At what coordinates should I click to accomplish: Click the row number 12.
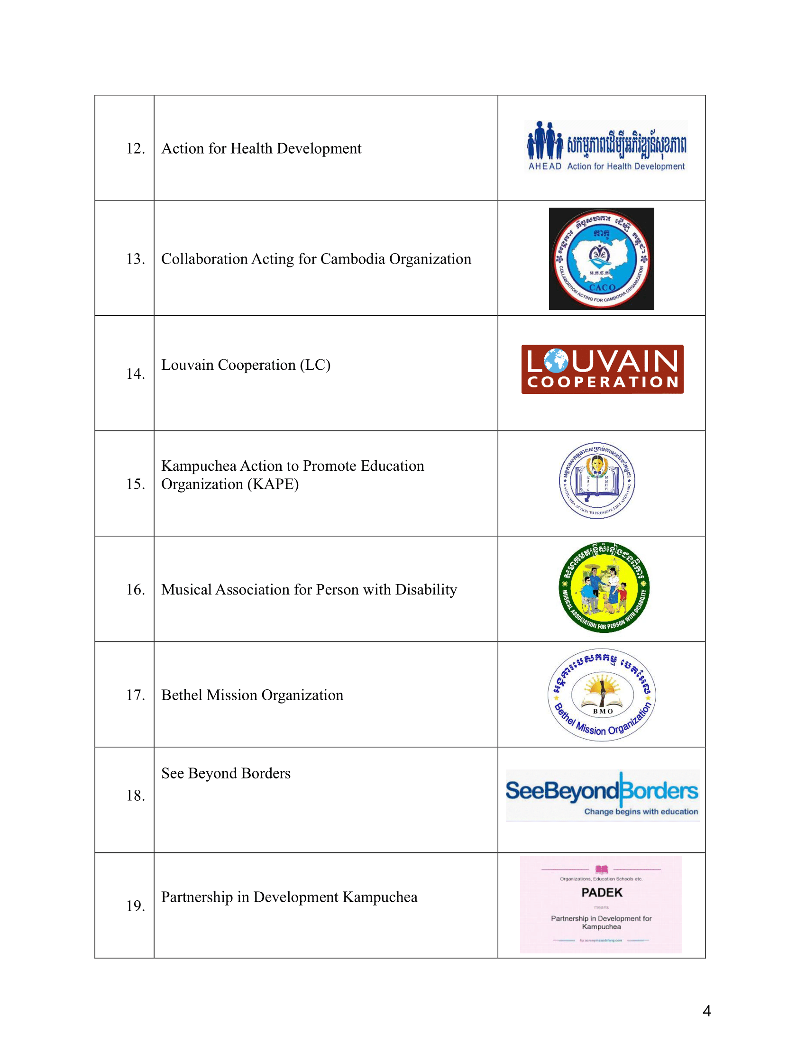pos(135,148)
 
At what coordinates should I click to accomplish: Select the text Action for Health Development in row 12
pos(261,148)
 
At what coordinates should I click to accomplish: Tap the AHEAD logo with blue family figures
pos(606,146)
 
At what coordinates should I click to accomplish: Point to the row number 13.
pos(135,259)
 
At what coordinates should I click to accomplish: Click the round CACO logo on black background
pos(601,259)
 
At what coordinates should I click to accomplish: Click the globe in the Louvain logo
pos(556,361)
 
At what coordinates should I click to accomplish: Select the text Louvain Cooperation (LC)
pos(246,365)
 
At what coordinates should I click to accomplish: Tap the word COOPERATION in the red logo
pos(603,382)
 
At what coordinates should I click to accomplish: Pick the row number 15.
pos(135,484)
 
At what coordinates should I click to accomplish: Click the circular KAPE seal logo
pos(597,480)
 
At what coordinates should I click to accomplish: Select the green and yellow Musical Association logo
pos(604,587)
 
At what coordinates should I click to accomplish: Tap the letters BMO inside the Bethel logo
pos(603,712)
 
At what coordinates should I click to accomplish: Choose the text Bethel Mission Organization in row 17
pos(252,695)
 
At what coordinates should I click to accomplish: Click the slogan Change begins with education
pos(641,811)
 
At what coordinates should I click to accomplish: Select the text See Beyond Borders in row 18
pos(226,773)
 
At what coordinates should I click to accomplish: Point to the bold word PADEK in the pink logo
pos(602,893)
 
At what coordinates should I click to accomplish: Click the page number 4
pos(707,1011)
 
